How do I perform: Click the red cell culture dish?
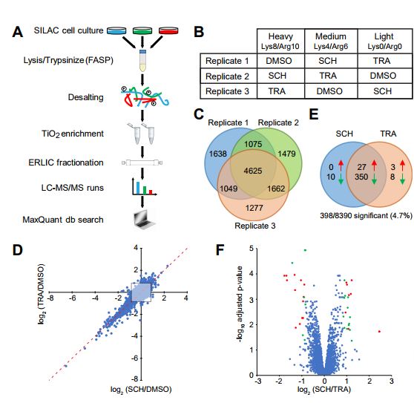pyautogui.click(x=146, y=31)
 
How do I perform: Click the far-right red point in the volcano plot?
pyautogui.click(x=379, y=332)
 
